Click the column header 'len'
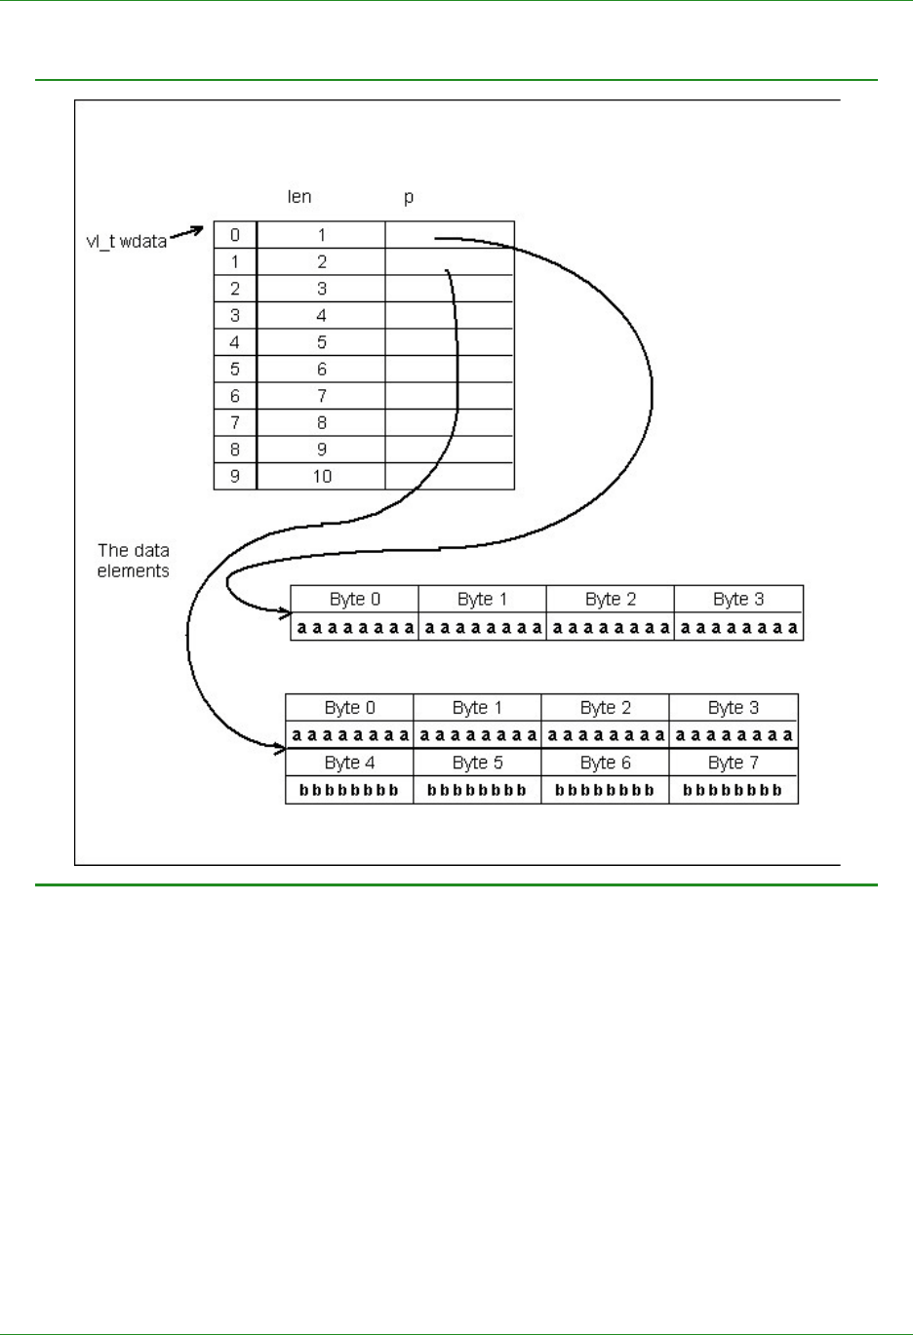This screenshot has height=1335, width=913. [299, 197]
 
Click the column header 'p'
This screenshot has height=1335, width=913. [409, 197]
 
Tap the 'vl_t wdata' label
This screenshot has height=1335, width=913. [127, 241]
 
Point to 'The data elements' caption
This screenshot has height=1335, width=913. [134, 561]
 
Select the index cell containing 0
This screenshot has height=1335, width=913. [235, 235]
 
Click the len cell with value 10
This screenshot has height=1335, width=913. [322, 477]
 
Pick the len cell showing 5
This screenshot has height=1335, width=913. [322, 342]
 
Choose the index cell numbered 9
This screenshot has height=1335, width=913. [235, 477]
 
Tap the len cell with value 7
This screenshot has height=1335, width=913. [322, 396]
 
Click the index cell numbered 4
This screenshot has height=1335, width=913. [235, 342]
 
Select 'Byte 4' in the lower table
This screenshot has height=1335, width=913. [349, 763]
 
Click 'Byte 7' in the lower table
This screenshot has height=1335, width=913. [734, 763]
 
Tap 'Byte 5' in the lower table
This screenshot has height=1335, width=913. [477, 763]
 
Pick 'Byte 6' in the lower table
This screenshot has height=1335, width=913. [605, 763]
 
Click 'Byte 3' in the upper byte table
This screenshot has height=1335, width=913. [738, 599]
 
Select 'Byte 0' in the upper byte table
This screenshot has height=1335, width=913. [355, 599]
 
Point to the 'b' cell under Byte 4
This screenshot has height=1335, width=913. [349, 790]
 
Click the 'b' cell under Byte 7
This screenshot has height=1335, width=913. [734, 790]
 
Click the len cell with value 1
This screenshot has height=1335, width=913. [322, 235]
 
